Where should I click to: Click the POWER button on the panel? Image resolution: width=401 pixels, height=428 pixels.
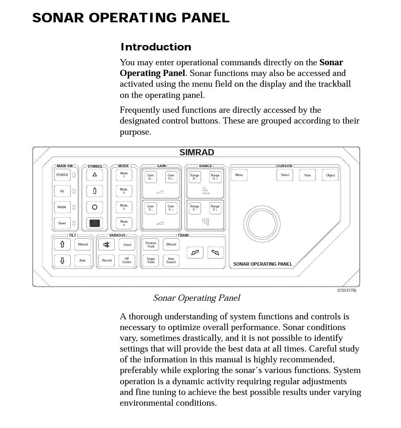pos(62,175)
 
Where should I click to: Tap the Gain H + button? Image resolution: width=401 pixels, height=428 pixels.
pos(171,177)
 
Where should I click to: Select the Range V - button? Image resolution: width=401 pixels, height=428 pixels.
pos(195,208)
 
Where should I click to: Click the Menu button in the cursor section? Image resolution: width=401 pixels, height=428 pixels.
pos(239,175)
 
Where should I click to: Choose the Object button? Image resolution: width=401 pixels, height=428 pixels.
pos(330,175)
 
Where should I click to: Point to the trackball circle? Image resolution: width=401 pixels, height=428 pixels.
pos(262,223)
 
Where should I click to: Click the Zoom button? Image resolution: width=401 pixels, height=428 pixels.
pos(127,245)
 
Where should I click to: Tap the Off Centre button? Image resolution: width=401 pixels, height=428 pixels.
pos(127,261)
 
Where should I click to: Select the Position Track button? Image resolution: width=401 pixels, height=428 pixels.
pos(151,245)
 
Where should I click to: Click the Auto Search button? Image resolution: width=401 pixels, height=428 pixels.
pos(171,261)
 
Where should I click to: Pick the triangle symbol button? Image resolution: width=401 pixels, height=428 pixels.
pos(95,175)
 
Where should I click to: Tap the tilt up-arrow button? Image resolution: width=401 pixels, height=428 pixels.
pos(62,245)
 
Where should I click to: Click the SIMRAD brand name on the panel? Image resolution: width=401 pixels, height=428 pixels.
pos(197,153)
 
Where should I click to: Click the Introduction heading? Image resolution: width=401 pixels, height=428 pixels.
pos(156,47)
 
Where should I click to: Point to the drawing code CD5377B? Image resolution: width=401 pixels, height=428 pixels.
pos(346,290)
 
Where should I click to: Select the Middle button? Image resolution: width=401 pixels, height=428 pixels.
pos(62,207)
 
